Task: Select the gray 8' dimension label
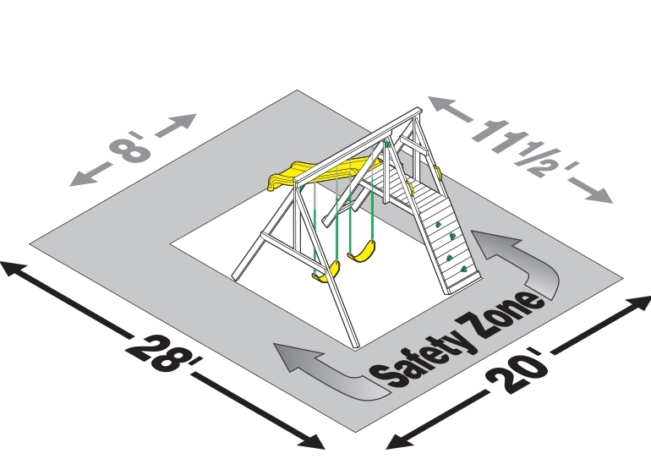128,147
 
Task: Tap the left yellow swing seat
326,272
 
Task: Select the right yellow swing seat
362,252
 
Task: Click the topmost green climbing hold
438,225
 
